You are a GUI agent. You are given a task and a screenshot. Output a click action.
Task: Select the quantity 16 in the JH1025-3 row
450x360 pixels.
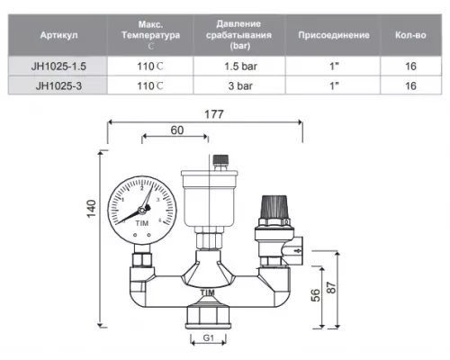coord(409,85)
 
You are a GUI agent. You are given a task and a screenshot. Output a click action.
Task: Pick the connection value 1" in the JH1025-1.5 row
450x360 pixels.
coord(334,66)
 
